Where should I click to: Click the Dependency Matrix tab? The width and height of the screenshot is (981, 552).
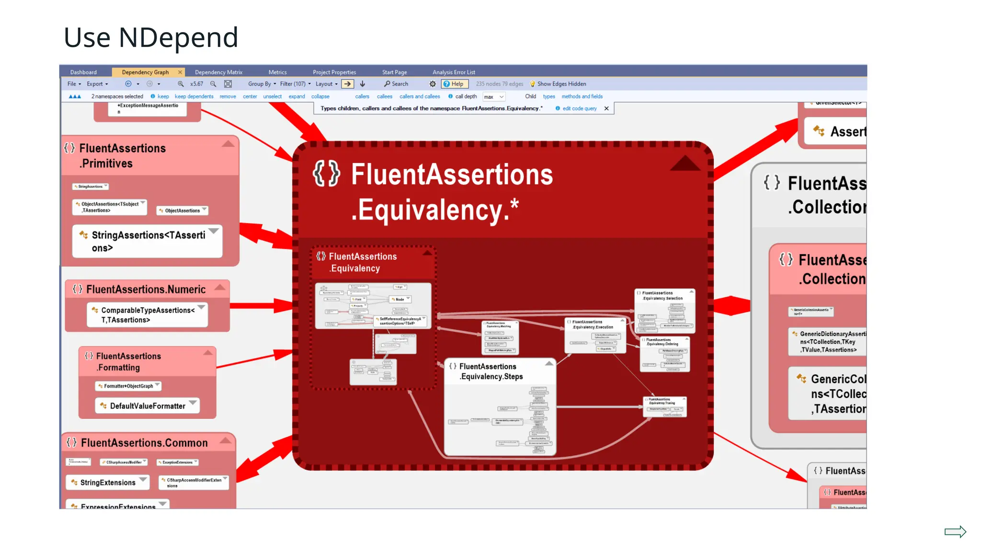[218, 72]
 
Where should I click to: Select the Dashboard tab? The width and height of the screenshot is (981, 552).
[83, 72]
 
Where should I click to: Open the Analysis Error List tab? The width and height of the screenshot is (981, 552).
[454, 72]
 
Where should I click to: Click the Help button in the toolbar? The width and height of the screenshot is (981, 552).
[454, 84]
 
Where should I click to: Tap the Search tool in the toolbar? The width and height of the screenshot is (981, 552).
[396, 84]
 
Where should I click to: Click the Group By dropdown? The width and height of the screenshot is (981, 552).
[262, 84]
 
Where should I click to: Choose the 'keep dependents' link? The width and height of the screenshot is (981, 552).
[194, 96]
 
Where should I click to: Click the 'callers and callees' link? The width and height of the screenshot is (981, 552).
[420, 96]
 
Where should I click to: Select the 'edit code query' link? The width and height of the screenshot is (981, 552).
[579, 109]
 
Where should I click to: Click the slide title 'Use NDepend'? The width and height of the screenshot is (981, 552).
[151, 37]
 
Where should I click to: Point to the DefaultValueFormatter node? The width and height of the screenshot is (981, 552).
[147, 406]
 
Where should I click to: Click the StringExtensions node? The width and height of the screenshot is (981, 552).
[108, 483]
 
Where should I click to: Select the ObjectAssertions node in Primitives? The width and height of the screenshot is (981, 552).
[182, 210]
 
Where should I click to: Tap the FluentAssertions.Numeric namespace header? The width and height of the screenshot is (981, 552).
[146, 289]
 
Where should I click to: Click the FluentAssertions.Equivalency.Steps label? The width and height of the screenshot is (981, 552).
[491, 371]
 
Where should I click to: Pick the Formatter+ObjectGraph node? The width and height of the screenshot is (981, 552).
[128, 386]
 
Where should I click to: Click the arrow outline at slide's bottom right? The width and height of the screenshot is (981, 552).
[955, 532]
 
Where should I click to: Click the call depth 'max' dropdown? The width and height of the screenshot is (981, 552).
[493, 97]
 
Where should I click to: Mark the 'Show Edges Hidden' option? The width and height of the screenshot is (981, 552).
[561, 84]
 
